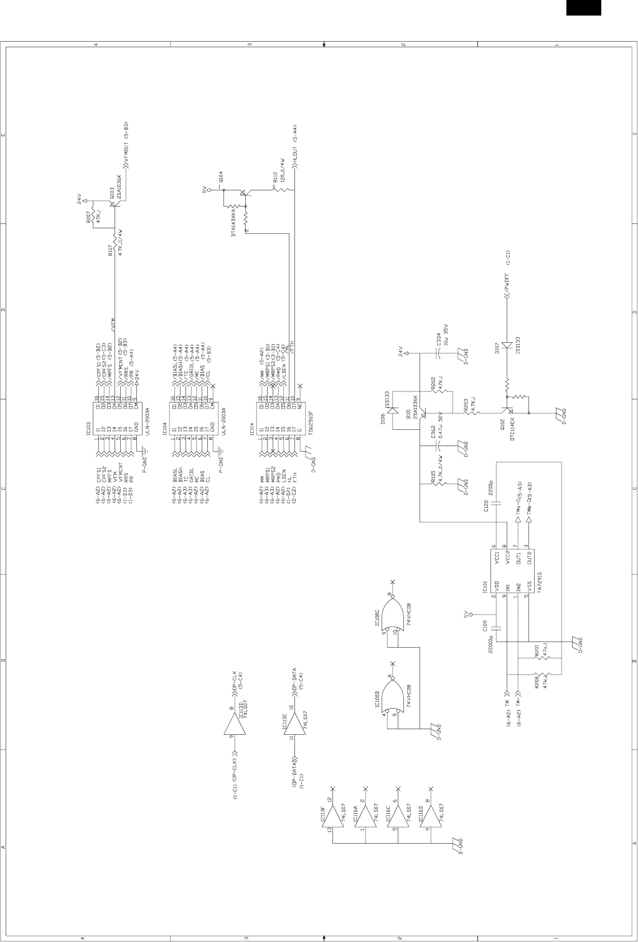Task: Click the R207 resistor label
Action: (88, 217)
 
